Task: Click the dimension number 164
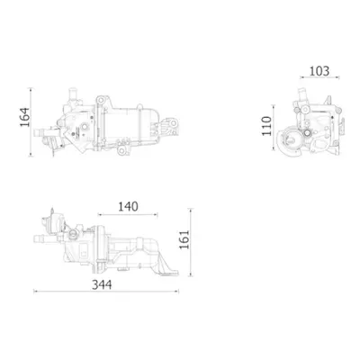click(x=25, y=117)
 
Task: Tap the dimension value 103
click(x=319, y=71)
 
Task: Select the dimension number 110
click(x=266, y=126)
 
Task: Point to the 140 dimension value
click(x=128, y=207)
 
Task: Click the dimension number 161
click(x=184, y=239)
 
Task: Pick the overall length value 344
click(x=102, y=284)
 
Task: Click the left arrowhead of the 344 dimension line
click(x=35, y=291)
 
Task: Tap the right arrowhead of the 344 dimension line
click(x=177, y=291)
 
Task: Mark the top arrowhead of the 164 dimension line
click(x=31, y=89)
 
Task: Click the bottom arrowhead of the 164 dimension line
click(x=31, y=154)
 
